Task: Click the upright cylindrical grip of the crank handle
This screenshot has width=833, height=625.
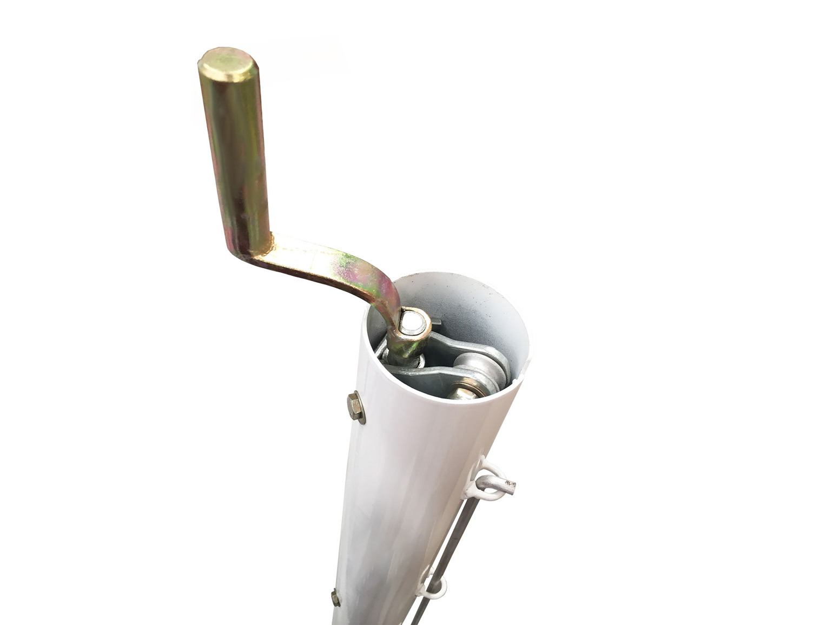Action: coord(238,152)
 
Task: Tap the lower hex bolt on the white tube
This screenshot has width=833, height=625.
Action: coord(335,597)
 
